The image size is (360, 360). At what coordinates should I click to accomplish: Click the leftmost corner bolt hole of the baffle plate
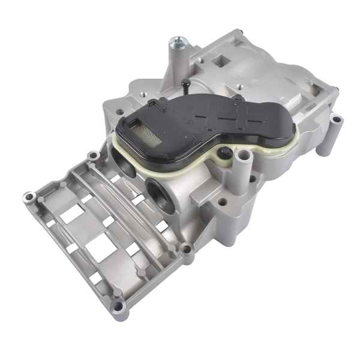click(28, 197)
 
